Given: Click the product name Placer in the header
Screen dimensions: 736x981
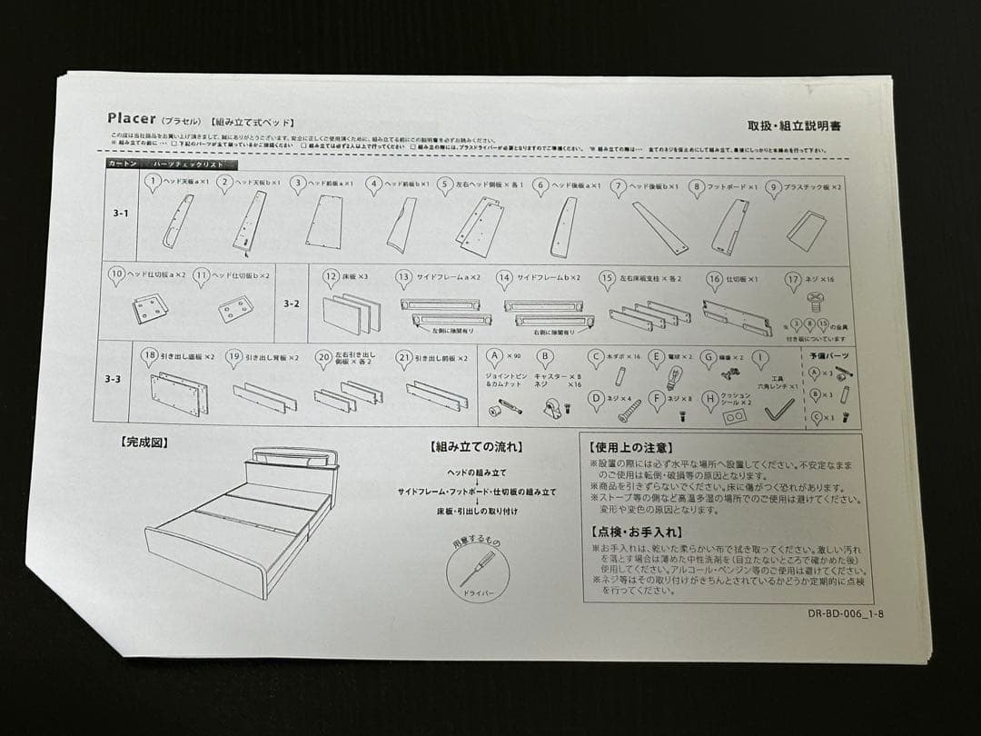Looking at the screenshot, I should point(133,119).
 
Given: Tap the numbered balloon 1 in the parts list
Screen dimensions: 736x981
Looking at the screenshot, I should point(154,183).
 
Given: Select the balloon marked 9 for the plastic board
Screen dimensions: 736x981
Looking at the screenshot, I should point(773,189).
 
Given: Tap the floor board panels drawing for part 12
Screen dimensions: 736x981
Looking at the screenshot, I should point(350,314).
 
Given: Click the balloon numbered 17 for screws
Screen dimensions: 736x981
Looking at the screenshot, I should point(793,281).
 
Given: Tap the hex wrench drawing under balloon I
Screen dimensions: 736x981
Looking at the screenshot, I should point(778,412).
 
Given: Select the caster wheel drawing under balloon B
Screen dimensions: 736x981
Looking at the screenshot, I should point(550,412).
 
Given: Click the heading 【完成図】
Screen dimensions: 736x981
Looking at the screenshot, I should point(144,443).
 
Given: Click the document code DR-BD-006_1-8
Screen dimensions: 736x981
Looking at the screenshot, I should point(845,613).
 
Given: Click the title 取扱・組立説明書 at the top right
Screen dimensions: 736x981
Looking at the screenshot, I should point(794,126).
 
